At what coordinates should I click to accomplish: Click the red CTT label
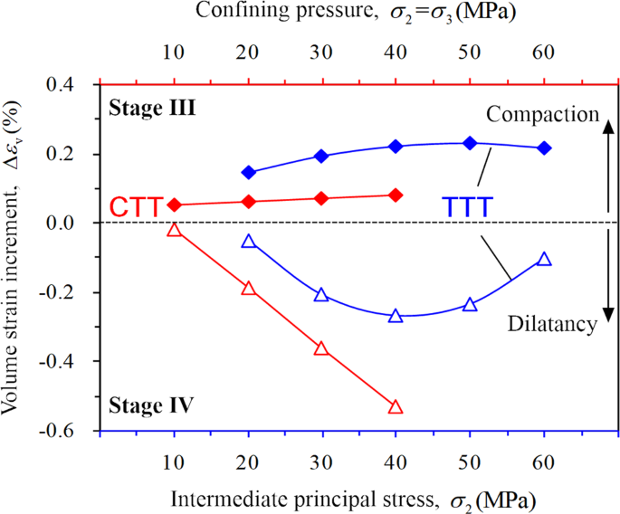point(137,206)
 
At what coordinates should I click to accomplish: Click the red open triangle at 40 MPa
point(396,407)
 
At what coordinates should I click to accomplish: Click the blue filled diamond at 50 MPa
point(470,143)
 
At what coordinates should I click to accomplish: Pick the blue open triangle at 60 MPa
point(544,259)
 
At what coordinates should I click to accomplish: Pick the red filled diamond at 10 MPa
point(175,205)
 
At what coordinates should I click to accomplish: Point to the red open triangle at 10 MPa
point(175,230)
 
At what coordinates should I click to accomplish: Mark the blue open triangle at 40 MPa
point(396,316)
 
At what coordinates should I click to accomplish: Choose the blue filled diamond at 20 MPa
point(249,172)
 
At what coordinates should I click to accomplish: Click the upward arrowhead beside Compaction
point(609,128)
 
